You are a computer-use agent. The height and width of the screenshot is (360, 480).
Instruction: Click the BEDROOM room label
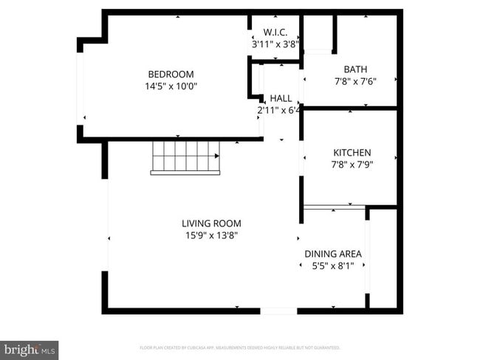[171, 74]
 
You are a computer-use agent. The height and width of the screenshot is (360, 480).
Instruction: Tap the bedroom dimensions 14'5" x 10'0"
[171, 86]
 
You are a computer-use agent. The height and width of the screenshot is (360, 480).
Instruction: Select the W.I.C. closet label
[275, 32]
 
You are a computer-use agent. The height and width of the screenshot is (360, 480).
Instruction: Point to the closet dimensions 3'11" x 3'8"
[275, 44]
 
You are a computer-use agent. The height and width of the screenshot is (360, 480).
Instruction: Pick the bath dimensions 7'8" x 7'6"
[356, 82]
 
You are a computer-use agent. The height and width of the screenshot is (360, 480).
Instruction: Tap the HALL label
[281, 98]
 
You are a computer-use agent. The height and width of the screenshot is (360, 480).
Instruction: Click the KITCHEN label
[352, 153]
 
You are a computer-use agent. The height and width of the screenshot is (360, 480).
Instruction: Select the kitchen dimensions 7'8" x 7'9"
[352, 165]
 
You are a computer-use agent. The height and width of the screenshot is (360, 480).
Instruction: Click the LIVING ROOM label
[211, 224]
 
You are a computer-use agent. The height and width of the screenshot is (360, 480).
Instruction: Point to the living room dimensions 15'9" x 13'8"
[211, 235]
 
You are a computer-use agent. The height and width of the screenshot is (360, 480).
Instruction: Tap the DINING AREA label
[333, 254]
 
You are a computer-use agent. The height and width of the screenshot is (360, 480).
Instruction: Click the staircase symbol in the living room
[185, 156]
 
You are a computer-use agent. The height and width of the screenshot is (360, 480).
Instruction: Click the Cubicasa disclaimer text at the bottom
[239, 347]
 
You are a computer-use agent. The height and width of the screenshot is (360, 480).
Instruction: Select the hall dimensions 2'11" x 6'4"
[278, 111]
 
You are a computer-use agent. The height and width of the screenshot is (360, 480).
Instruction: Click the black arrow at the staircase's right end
[217, 156]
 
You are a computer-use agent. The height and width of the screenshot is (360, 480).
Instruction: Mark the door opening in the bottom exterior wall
[279, 311]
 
